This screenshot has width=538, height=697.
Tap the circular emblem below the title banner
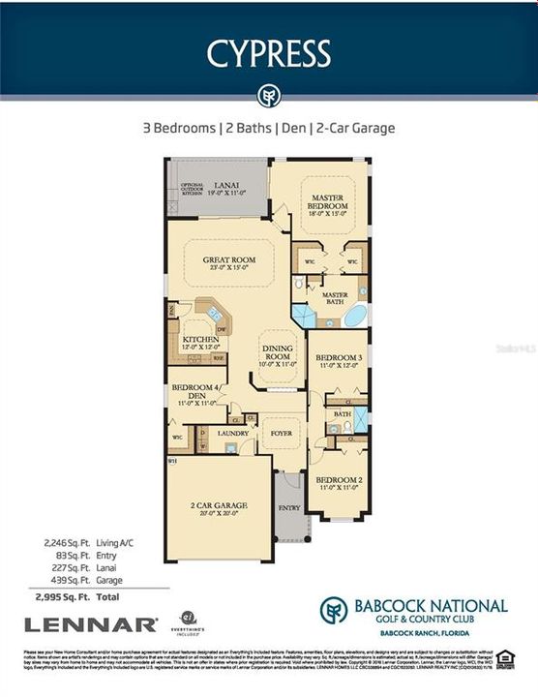(268, 96)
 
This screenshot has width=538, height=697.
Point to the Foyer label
(281, 433)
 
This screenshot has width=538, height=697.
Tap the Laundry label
(233, 433)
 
